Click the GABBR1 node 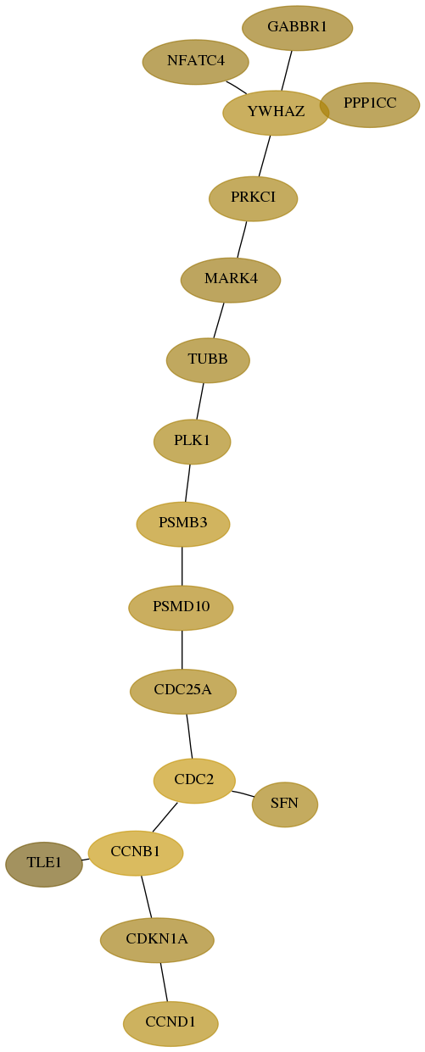coord(297,28)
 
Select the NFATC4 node coord(196,62)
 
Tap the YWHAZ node coord(276,112)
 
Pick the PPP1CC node coord(370,104)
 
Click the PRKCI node coord(254,198)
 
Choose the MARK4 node coord(231,280)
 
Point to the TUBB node coord(208,360)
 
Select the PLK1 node coord(193,442)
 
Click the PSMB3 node coord(183,524)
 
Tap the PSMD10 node coord(181,607)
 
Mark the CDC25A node coord(183,691)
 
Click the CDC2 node coord(194,781)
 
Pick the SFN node coord(285,804)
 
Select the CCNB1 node coord(136,853)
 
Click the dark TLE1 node coord(44,864)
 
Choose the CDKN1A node coord(157,940)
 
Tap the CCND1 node coord(171,1024)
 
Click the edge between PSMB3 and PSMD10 coord(182,566)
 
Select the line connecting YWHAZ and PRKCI coord(265,156)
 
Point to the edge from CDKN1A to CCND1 coord(164,982)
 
